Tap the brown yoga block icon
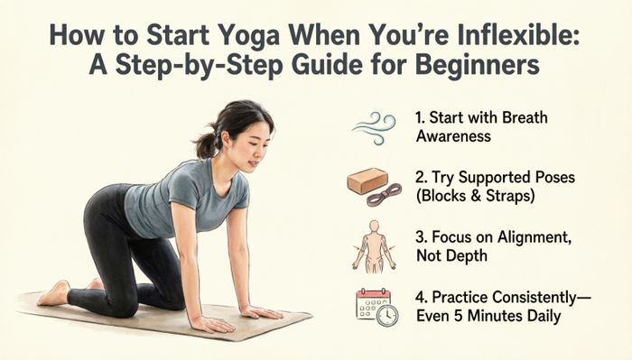point(365,180)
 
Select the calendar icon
point(371,304)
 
